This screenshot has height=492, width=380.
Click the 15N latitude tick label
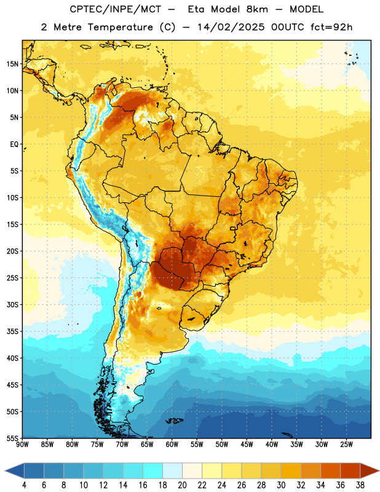click(12, 64)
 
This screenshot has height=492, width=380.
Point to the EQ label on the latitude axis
click(14, 145)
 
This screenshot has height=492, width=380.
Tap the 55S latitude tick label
click(12, 438)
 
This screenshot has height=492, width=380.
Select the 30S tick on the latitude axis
click(12, 304)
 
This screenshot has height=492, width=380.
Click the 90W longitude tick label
click(23, 445)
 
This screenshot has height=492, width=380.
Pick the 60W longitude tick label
click(172, 445)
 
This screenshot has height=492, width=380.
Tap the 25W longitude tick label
click(346, 445)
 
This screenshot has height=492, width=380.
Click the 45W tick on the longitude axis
click(247, 445)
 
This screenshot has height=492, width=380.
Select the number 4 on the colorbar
click(24, 485)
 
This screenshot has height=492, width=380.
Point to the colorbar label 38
click(360, 485)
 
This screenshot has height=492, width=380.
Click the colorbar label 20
click(182, 485)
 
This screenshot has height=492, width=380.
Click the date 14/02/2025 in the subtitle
click(231, 27)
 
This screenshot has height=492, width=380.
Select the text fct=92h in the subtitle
click(331, 27)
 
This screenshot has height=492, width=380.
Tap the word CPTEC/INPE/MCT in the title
click(115, 9)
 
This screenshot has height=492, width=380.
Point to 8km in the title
click(257, 9)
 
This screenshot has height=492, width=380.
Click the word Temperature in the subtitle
click(120, 28)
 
